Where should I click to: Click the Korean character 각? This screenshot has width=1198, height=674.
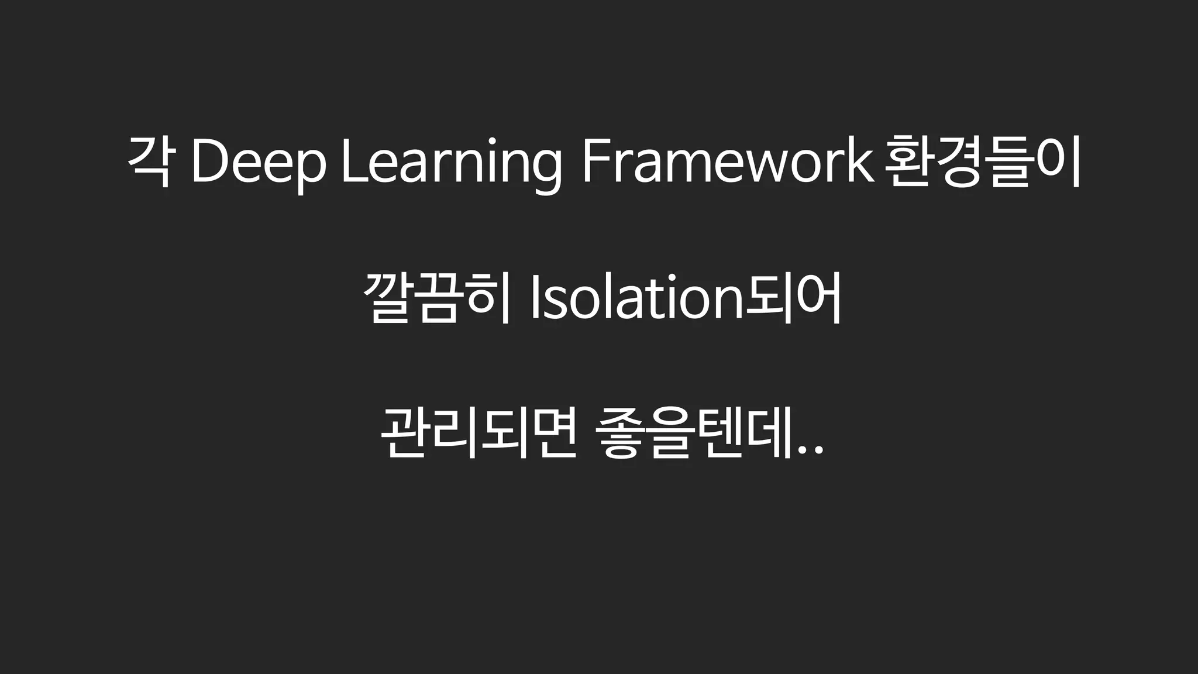tap(149, 161)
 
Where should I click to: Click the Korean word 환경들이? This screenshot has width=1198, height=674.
tap(982, 161)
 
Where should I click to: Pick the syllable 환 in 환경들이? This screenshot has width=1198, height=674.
tap(907, 161)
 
